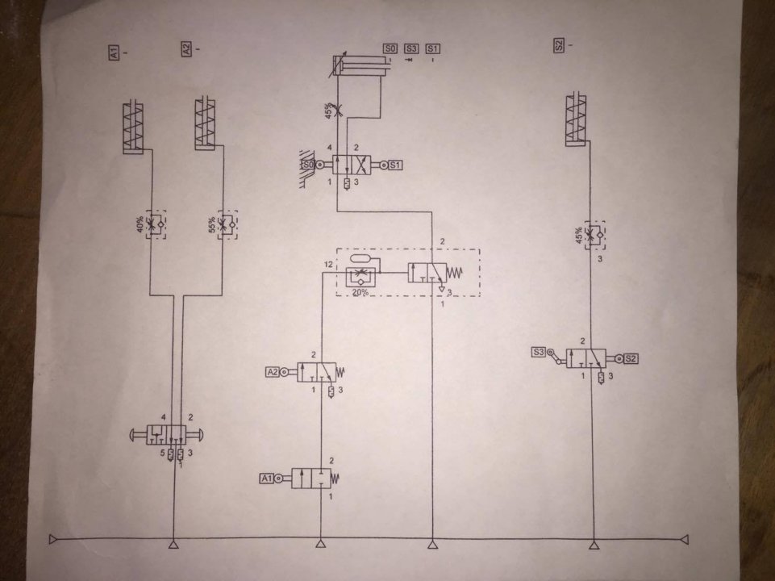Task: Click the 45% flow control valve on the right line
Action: click(x=594, y=234)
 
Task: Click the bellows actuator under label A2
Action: click(x=206, y=124)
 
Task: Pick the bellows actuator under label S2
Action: click(x=577, y=121)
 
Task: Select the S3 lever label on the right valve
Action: click(x=539, y=352)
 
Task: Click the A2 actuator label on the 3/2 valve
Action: click(x=273, y=372)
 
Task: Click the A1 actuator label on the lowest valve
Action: click(x=267, y=478)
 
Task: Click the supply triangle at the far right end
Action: click(x=684, y=538)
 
